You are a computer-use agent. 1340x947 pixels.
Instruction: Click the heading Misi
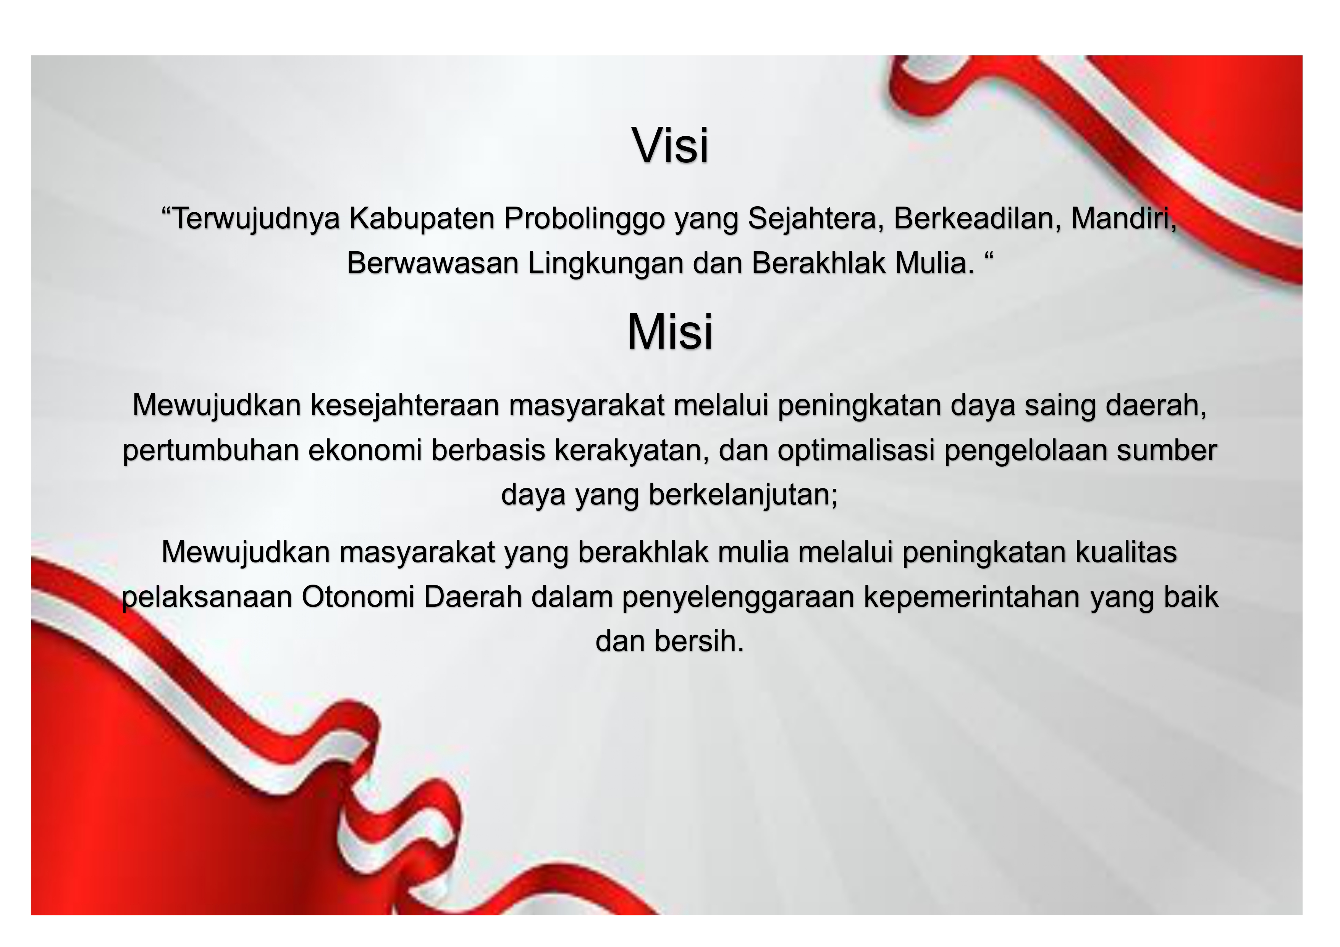pos(670,331)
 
